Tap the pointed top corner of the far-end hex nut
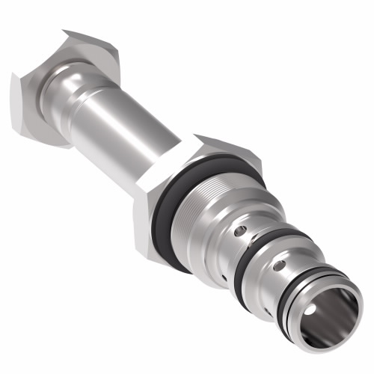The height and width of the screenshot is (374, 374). tap(66, 31)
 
